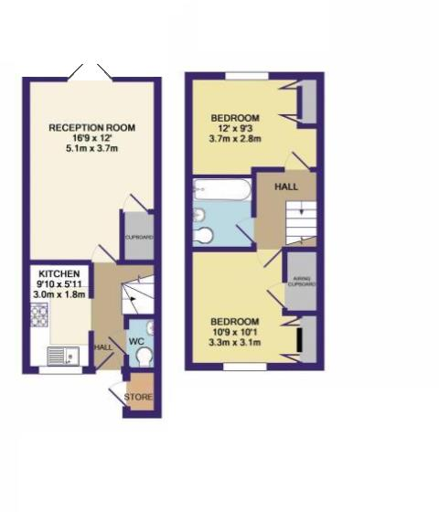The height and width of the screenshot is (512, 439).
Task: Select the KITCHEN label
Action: (x=58, y=273)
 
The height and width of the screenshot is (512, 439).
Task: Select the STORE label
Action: (x=139, y=398)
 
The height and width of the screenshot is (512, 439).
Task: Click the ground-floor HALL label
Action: (x=103, y=347)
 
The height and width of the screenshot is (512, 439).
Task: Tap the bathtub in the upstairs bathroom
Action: (x=219, y=190)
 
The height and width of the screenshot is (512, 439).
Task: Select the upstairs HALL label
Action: (x=286, y=187)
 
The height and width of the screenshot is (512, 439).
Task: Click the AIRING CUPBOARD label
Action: (x=301, y=281)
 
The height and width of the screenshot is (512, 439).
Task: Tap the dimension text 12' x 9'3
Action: (x=236, y=129)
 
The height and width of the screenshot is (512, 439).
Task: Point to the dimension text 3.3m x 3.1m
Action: (x=236, y=344)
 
